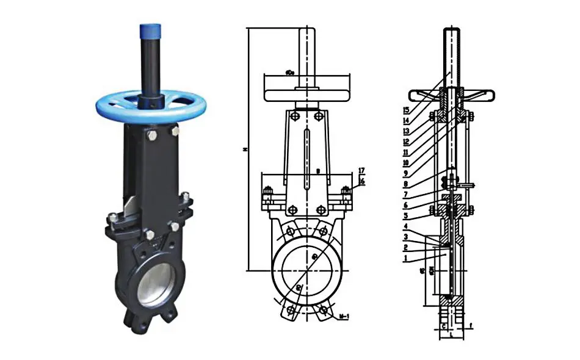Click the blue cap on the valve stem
coord(150,29)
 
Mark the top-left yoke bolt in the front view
coord(295,115)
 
